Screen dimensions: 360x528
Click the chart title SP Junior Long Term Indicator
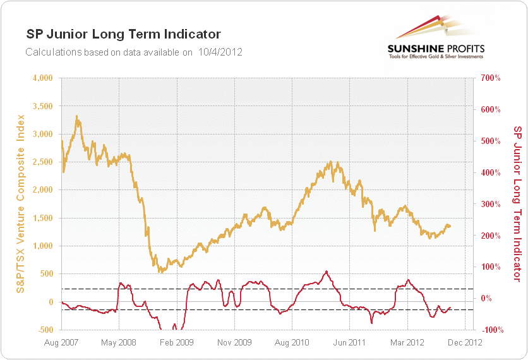click(123, 33)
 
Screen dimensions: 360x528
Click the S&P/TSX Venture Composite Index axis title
click(21, 204)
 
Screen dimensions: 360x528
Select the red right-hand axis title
click(517, 203)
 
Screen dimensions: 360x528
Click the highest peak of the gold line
click(76, 116)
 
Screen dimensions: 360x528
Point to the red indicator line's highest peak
click(326, 272)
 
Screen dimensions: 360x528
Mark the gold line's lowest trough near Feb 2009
click(161, 272)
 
